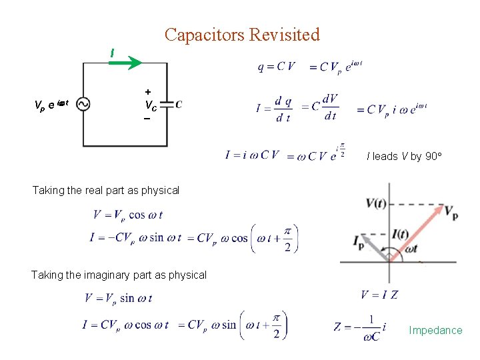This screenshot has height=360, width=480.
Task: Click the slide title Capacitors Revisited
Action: point(242,35)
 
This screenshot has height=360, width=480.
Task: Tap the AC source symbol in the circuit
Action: point(84,104)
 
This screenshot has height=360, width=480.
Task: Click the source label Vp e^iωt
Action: point(51,104)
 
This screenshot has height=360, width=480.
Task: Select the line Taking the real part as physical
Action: point(106,190)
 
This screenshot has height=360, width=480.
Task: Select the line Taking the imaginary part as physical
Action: point(119,275)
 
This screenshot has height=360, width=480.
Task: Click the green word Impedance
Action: point(435,330)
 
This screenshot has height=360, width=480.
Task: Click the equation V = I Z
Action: point(379,295)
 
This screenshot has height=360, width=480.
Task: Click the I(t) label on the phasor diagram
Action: point(401,233)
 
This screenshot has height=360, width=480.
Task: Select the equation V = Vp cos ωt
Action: point(128,215)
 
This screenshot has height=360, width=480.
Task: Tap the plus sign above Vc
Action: point(147,91)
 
